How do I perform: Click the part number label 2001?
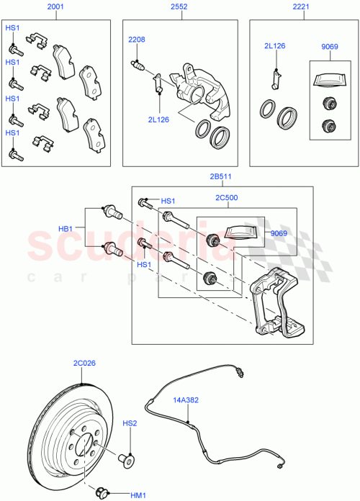[x=55, y=7]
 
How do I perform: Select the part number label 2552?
[x=179, y=7]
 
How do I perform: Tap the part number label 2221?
[x=302, y=7]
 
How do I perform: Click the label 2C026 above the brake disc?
[x=84, y=364]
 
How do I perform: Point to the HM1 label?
[x=137, y=495]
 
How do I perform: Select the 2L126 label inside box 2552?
[x=158, y=119]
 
